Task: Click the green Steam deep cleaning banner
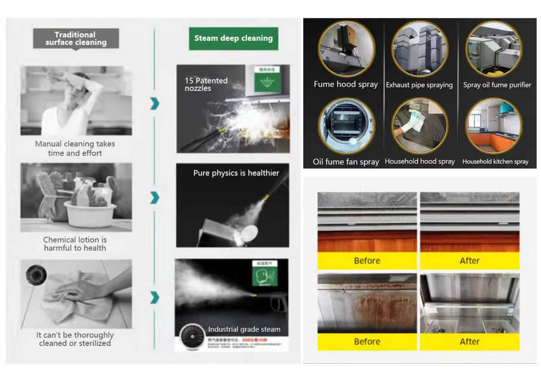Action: pyautogui.click(x=233, y=38)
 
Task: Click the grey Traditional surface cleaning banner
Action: pyautogui.click(x=76, y=38)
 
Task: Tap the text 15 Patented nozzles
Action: pyautogui.click(x=206, y=84)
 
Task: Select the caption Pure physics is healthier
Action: pyautogui.click(x=236, y=173)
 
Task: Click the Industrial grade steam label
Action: pyautogui.click(x=244, y=329)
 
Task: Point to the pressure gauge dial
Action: pyautogui.click(x=192, y=337)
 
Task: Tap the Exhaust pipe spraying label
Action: pyautogui.click(x=419, y=85)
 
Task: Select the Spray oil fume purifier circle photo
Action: pyautogui.click(x=494, y=49)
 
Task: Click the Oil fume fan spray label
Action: pyautogui.click(x=346, y=162)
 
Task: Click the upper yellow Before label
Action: pyautogui.click(x=367, y=261)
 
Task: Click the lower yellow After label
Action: pyautogui.click(x=469, y=341)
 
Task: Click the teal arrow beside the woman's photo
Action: pyautogui.click(x=154, y=104)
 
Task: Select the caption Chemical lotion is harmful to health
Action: pyautogui.click(x=75, y=244)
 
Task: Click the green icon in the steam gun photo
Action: pyautogui.click(x=264, y=276)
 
